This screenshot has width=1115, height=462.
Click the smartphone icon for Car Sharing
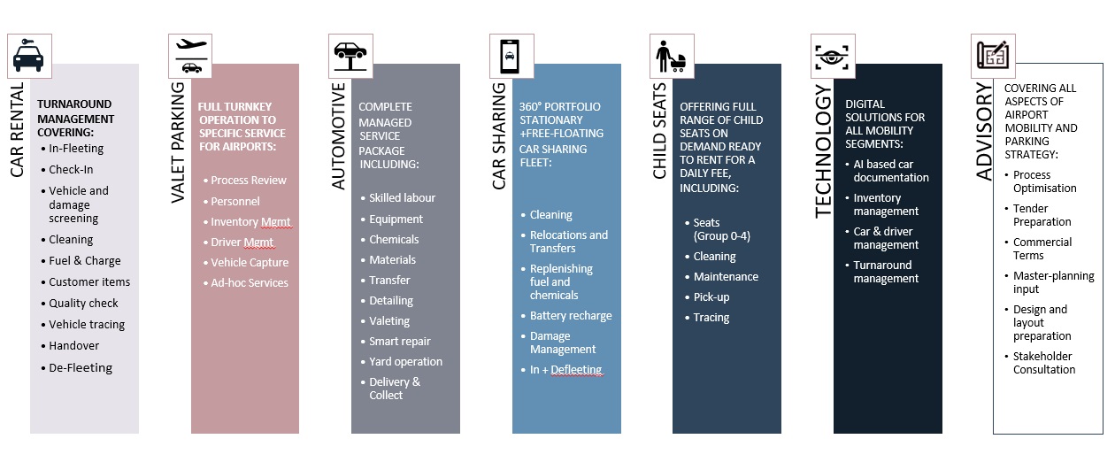pyautogui.click(x=511, y=56)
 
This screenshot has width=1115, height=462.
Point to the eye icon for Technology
pyautogui.click(x=833, y=56)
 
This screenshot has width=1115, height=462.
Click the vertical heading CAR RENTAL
pyautogui.click(x=18, y=128)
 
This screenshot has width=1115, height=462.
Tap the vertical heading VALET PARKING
pyautogui.click(x=178, y=142)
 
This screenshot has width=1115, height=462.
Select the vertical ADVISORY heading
pyautogui.click(x=983, y=133)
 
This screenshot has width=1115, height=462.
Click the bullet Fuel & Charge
pyautogui.click(x=85, y=261)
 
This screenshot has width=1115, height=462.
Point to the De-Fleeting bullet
pyautogui.click(x=81, y=367)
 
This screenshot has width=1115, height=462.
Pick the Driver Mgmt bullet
pyautogui.click(x=242, y=242)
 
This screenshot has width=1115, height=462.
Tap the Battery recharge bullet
pyautogui.click(x=571, y=315)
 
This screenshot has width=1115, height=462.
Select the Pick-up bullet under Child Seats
pyautogui.click(x=711, y=296)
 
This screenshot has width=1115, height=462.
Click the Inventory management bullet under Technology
pyautogui.click(x=886, y=204)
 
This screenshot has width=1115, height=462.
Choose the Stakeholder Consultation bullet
pyautogui.click(x=1044, y=363)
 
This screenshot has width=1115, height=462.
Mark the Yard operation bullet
pyautogui.click(x=405, y=361)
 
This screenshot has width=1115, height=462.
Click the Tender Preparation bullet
pyautogui.click(x=1042, y=215)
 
